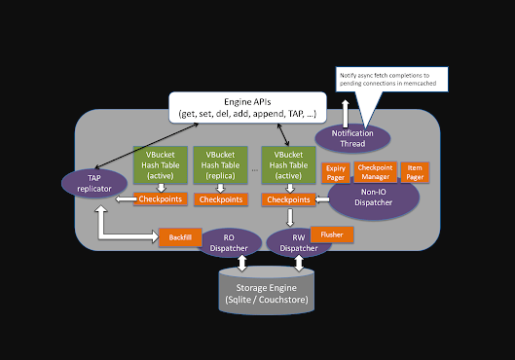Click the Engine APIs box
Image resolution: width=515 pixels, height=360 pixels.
point(242,107)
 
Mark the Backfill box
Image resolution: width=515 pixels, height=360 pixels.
point(179,237)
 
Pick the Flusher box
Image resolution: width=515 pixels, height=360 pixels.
point(331,234)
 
